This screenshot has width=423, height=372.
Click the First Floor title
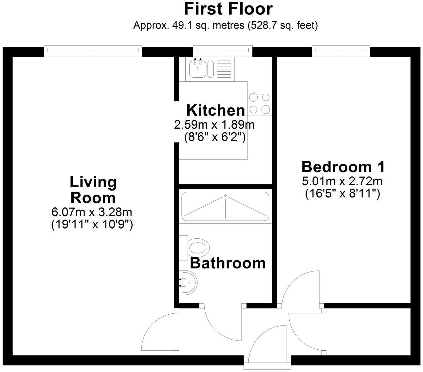click(228, 9)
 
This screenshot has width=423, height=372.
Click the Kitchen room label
click(215, 110)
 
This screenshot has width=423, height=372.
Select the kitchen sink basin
click(197, 70)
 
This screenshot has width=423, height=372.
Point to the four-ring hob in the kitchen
click(259, 103)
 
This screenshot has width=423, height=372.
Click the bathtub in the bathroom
click(225, 206)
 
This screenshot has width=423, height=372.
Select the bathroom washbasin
click(188, 282)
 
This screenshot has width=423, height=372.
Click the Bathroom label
click(228, 263)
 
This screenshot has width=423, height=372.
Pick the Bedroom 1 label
click(343, 167)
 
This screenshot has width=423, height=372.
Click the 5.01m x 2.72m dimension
click(342, 181)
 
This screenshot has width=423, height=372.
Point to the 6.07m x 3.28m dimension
click(92, 212)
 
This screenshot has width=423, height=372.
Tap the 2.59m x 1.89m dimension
click(214, 124)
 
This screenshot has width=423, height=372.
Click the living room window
click(93, 50)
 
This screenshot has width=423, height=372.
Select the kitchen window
click(223, 50)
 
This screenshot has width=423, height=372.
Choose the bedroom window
click(341, 50)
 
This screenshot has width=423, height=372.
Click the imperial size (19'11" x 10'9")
click(92, 225)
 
